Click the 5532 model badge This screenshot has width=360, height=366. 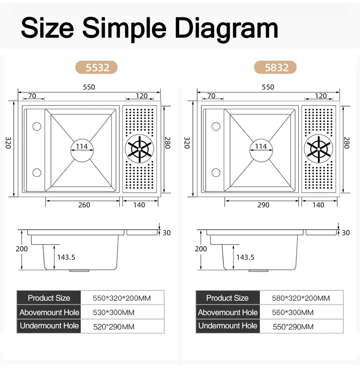(x=96, y=67)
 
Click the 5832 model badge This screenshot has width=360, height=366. (x=275, y=67)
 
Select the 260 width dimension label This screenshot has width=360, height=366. (x=84, y=205)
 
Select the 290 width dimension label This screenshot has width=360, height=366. (x=263, y=205)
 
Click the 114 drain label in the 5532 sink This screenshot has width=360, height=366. (x=82, y=146)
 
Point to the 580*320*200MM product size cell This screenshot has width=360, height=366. (x=301, y=298)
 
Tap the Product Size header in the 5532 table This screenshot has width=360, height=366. (x=49, y=298)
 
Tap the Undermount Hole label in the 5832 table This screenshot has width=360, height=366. (x=228, y=326)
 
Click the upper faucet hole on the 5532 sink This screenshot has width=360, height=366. (x=37, y=127)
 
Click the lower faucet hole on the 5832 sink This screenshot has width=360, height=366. (x=216, y=173)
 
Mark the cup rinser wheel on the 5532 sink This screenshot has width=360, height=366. (x=140, y=149)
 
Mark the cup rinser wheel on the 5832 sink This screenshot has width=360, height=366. (x=318, y=149)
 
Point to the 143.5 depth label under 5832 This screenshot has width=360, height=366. (x=245, y=257)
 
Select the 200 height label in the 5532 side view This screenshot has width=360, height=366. (x=22, y=249)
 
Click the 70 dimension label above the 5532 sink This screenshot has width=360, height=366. (x=32, y=96)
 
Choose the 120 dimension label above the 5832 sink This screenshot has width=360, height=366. (x=321, y=96)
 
